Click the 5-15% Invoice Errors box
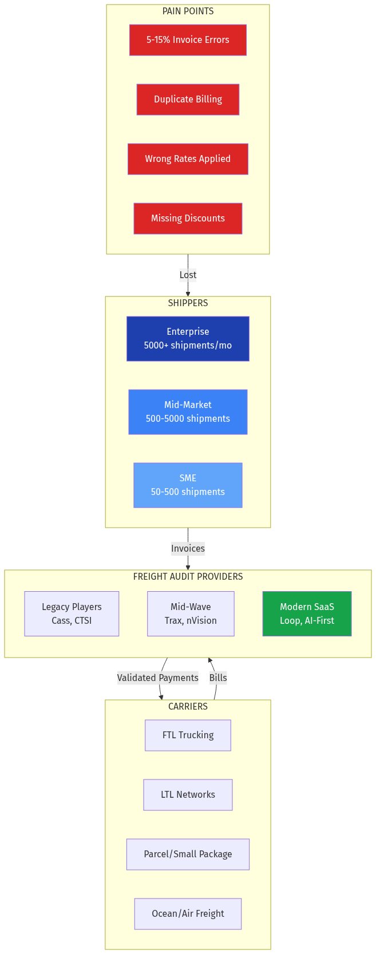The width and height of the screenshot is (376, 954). (188, 40)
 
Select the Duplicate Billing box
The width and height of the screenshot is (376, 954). (188, 100)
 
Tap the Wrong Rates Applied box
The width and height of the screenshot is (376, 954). (188, 159)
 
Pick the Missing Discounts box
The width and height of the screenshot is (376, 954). (188, 219)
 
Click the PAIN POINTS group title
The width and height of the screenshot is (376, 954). (188, 11)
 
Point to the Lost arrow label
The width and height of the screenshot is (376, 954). (188, 275)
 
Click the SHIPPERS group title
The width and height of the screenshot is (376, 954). (188, 303)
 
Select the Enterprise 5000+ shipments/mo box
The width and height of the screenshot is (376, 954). (188, 339)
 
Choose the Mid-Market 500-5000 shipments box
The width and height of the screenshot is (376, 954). (188, 412)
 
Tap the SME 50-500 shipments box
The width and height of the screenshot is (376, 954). (188, 485)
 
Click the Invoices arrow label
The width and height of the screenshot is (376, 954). (188, 549)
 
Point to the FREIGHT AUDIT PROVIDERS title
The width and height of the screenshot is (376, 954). (188, 577)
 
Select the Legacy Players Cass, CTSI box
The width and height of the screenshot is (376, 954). (72, 614)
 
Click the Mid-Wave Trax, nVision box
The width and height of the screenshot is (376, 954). (191, 614)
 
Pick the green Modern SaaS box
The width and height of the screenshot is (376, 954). (307, 614)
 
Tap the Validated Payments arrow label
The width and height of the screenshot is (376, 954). (157, 678)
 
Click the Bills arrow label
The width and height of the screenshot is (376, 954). (218, 678)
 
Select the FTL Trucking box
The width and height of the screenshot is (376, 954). (188, 735)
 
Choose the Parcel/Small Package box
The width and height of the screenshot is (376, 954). (188, 854)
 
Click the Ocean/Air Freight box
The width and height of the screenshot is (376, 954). (188, 914)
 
